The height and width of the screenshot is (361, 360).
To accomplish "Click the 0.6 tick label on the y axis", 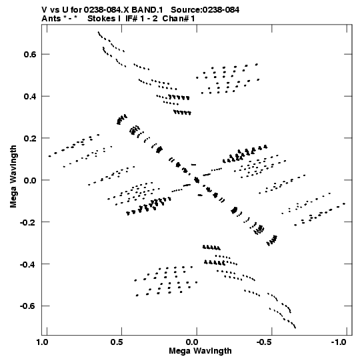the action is pos(30,54).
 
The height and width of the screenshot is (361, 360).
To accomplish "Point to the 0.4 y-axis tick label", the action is pos(30,96).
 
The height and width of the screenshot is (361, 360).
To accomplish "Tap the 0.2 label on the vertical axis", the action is pos(30,138).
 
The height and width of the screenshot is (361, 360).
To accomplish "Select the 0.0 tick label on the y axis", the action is pos(30,180).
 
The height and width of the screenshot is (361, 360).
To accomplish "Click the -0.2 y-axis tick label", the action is pos(28,222).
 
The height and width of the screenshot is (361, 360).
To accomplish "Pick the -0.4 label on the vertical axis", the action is pos(28,264).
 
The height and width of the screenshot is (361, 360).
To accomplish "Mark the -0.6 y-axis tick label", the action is pos(28,306).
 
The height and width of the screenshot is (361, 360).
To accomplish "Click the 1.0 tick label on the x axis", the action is pos(42,342).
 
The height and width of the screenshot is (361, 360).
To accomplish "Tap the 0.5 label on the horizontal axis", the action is pos(117,342).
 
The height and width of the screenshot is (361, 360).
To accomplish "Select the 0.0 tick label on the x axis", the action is pos(192,342).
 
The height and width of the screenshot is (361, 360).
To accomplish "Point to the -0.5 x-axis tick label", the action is pos(265,342).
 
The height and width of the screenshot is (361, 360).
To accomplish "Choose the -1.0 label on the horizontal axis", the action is pos(339,342).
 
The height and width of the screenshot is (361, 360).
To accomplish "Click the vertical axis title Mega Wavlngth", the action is pos(13,177).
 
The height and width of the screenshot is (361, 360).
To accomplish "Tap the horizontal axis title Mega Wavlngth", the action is pos(200,351).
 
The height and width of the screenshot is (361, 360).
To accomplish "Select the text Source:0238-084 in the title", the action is pos(205,10).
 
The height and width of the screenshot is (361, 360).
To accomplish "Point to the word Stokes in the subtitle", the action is pos(104,19).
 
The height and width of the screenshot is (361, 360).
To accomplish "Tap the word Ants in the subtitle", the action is pos(51,19).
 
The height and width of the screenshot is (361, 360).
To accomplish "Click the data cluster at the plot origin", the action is pos(197,180).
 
